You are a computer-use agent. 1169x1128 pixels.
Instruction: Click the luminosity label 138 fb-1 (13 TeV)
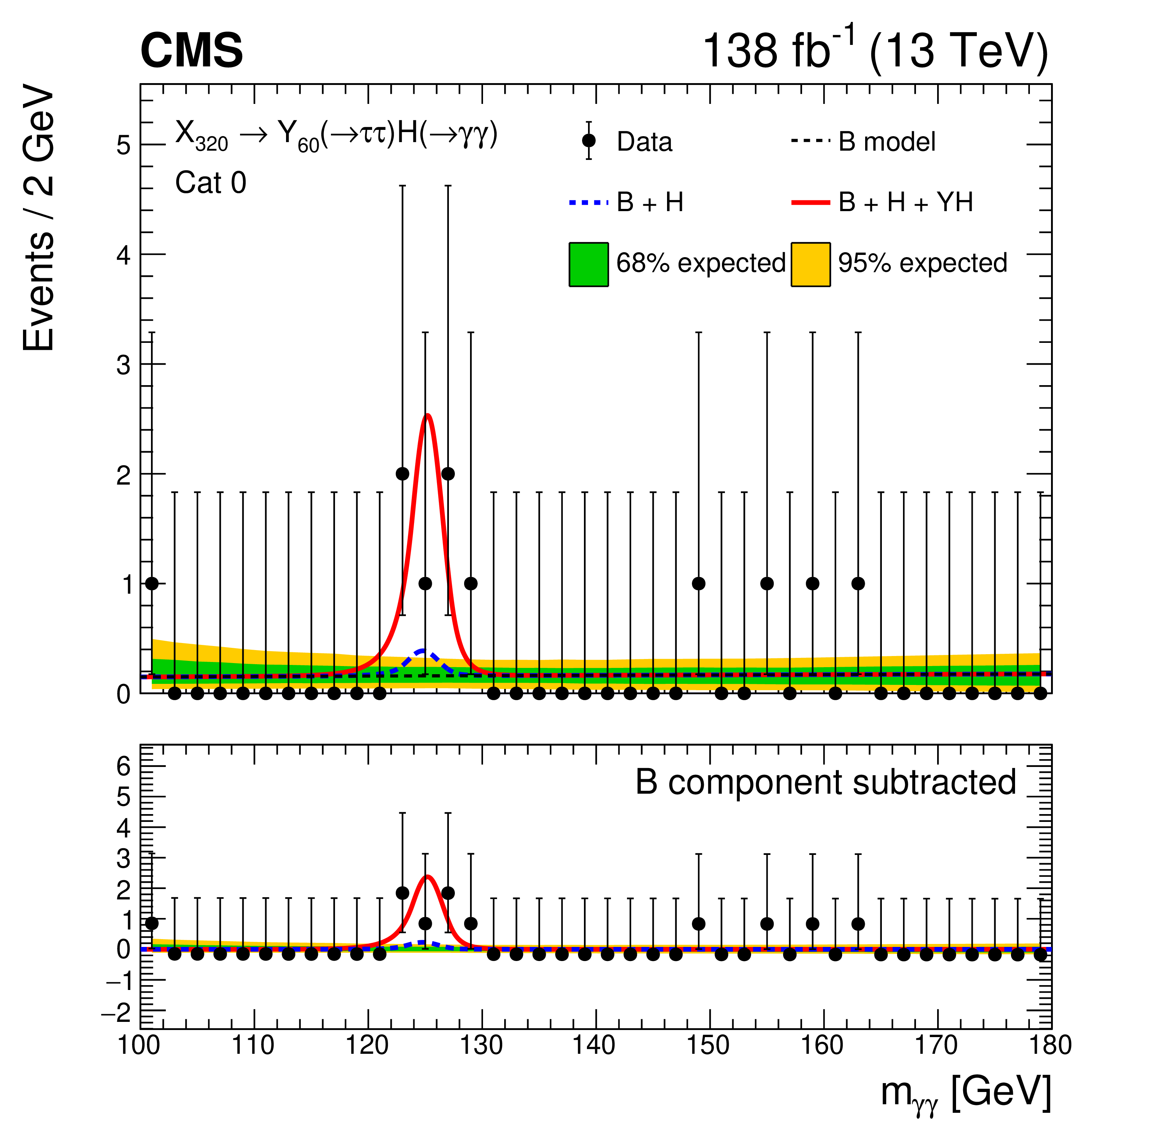pyautogui.click(x=874, y=51)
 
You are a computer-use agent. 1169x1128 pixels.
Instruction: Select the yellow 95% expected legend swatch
pyautogui.click(x=811, y=264)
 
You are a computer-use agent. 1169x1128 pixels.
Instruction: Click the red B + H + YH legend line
pyautogui.click(x=811, y=203)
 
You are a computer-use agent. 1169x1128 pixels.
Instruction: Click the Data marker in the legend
pyautogui.click(x=589, y=141)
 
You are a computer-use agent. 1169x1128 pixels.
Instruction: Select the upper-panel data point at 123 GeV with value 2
pyautogui.click(x=403, y=473)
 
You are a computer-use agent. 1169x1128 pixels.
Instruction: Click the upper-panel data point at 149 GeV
pyautogui.click(x=699, y=583)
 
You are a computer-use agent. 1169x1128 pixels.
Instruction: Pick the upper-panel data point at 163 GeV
pyautogui.click(x=858, y=583)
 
